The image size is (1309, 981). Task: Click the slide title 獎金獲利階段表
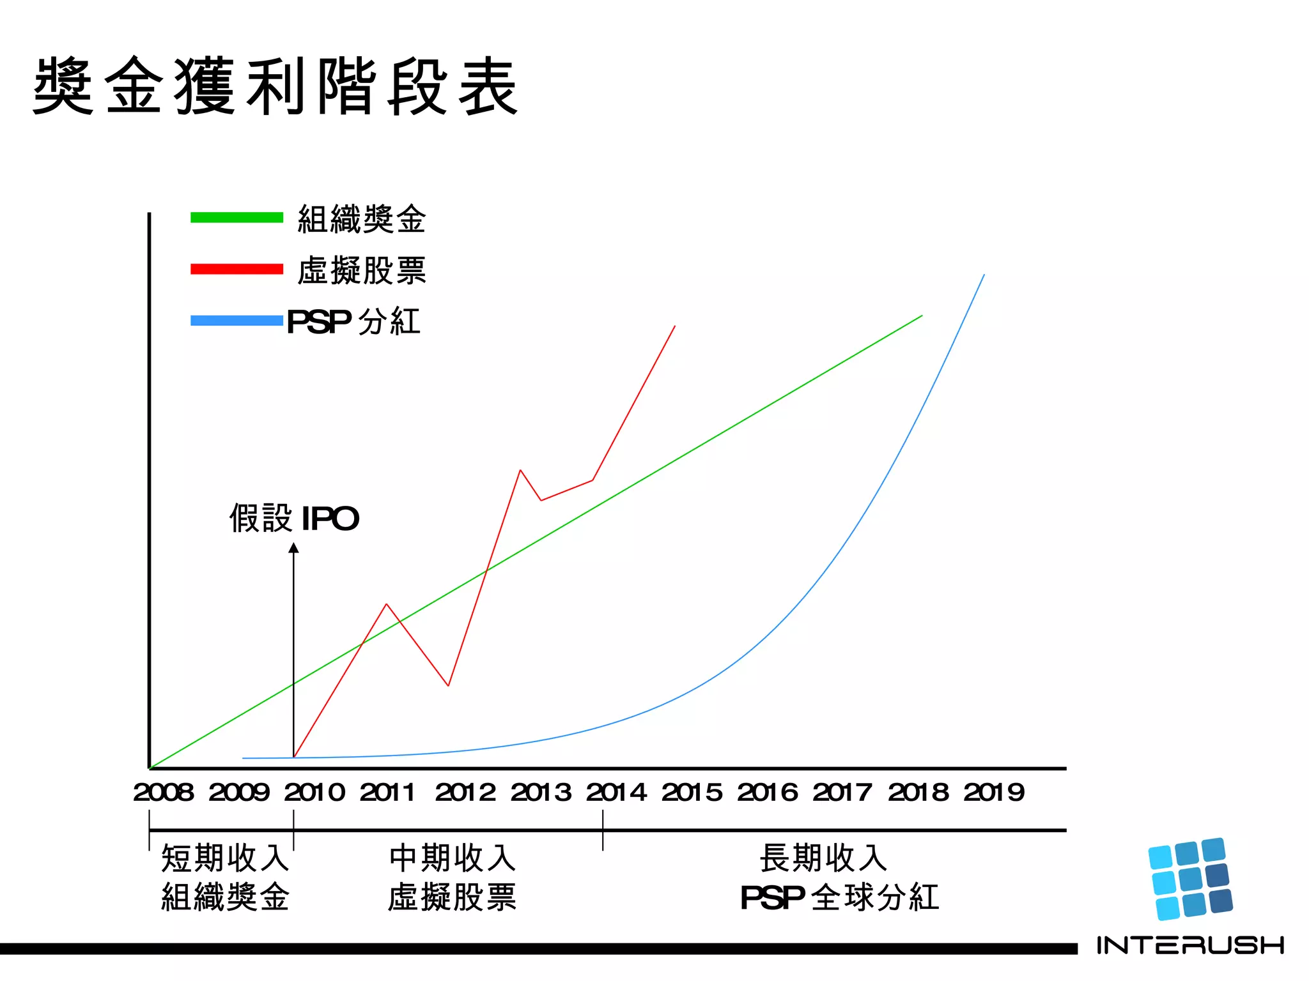pos(275,86)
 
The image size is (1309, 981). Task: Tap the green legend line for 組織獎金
pos(236,217)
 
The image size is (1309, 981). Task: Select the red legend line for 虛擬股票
pos(236,269)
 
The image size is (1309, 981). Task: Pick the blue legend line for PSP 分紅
pos(236,321)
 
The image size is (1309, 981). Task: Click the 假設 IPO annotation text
pos(294,518)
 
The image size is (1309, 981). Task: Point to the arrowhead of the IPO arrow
pos(293,548)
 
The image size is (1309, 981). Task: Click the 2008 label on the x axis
pos(163,793)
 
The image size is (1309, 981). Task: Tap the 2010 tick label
pos(314,793)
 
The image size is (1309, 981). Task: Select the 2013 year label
pos(541,793)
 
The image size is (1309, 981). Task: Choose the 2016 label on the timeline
pos(767,793)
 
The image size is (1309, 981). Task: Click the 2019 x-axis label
pos(994,793)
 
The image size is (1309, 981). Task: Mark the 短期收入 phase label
pos(225,858)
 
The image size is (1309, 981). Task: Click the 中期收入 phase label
pos(452,858)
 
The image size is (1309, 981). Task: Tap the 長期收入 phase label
pos(823,858)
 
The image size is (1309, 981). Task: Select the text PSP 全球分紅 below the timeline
pos(839,897)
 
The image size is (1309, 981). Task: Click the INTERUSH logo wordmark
pos(1190,945)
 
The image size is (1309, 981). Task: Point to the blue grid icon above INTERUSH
pos(1190,879)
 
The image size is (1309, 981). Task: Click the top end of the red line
pos(674,326)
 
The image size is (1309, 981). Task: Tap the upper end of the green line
pos(921,316)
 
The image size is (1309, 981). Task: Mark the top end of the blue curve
pos(984,275)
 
